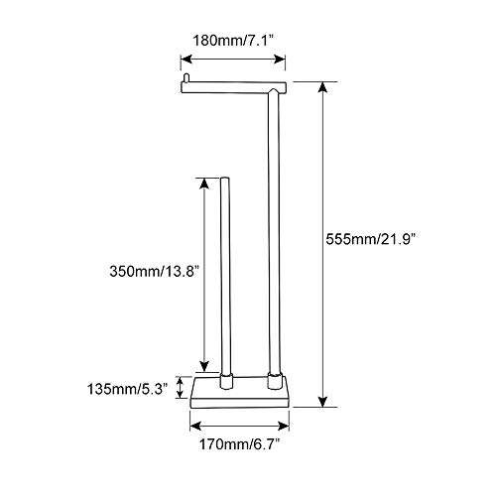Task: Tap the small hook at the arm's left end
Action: (x=184, y=77)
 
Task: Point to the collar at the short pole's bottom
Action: (x=223, y=379)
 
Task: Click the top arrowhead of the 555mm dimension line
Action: (x=321, y=84)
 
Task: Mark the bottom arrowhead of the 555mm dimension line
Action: (x=321, y=401)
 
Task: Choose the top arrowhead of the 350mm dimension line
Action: (x=204, y=183)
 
